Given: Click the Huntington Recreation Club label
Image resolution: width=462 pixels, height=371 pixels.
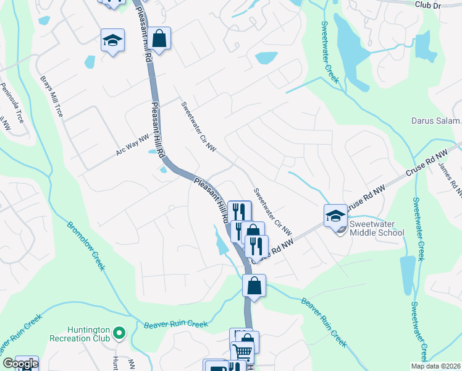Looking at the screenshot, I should click(85, 334).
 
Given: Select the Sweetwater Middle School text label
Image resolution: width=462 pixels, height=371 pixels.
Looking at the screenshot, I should click(377, 228).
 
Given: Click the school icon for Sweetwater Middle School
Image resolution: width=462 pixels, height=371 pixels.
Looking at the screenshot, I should click(335, 215).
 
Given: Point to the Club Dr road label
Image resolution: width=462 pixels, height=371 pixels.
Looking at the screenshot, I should click(430, 4).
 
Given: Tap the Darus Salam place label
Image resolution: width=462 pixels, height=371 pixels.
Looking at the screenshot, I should click(436, 121).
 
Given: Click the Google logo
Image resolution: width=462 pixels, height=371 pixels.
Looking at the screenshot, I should click(20, 364).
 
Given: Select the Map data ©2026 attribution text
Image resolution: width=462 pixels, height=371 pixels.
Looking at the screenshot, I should click(435, 366).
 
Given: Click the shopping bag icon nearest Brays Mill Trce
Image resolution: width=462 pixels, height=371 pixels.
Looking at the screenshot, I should click(159, 39).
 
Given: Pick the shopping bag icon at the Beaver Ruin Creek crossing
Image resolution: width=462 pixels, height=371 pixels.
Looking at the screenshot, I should click(254, 286).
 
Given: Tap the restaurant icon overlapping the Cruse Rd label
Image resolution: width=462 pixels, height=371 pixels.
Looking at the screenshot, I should click(256, 245).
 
